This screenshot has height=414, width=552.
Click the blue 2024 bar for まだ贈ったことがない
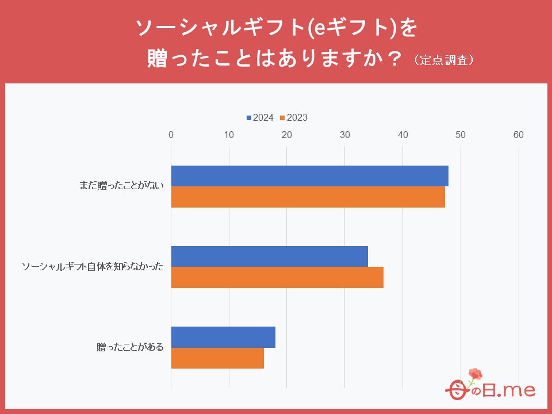click(x=309, y=176)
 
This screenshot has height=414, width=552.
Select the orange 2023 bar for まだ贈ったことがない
click(x=308, y=197)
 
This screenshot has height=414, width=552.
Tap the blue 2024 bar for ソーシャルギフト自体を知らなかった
click(x=269, y=256)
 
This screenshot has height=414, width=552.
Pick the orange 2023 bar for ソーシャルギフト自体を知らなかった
click(x=277, y=277)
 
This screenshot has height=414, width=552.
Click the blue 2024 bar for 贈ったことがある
click(x=223, y=337)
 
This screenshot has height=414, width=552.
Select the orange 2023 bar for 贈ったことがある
click(x=217, y=358)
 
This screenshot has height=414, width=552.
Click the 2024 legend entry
click(x=260, y=118)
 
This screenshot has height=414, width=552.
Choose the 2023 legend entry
click(x=294, y=118)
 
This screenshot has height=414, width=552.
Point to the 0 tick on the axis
click(x=171, y=135)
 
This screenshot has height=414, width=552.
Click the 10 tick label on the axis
click(x=229, y=135)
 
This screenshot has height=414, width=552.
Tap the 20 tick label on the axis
click(x=287, y=135)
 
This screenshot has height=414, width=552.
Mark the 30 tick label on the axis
click(x=345, y=135)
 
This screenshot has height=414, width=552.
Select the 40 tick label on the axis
click(x=403, y=135)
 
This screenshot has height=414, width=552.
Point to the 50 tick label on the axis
click(x=461, y=135)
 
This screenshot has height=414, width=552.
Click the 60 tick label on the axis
click(x=519, y=135)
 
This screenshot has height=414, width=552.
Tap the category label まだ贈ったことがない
click(x=122, y=186)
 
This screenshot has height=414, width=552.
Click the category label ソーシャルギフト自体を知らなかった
click(x=93, y=267)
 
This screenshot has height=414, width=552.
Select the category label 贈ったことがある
click(x=131, y=347)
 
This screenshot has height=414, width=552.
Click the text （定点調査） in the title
click(x=446, y=60)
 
